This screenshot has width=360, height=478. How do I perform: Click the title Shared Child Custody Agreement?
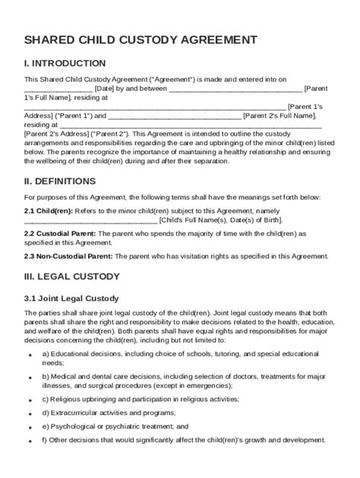click(x=140, y=39)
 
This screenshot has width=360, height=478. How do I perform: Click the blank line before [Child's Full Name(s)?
click(x=90, y=220)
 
